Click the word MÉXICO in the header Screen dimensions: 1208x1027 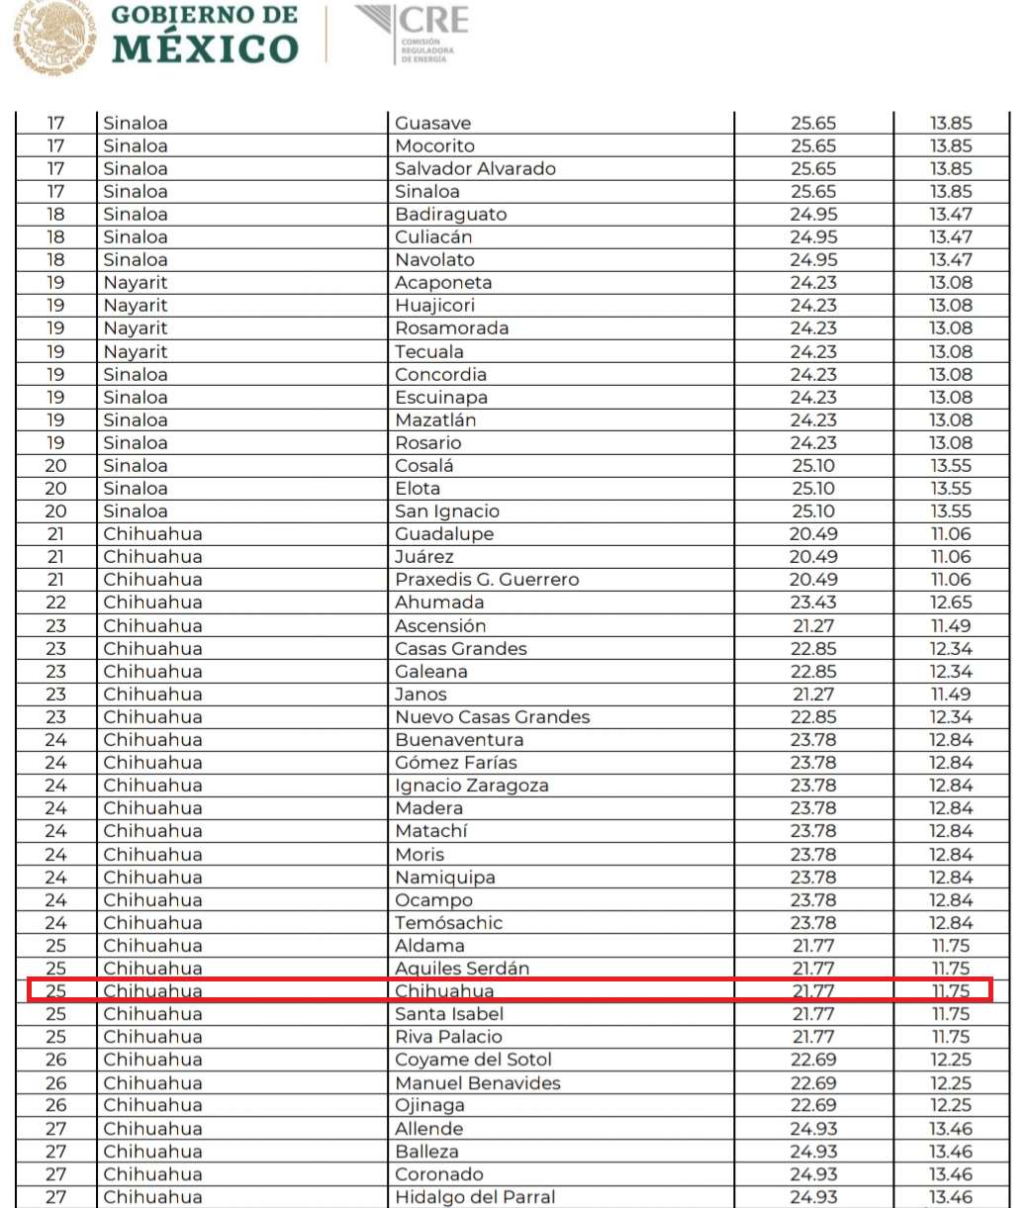[205, 48]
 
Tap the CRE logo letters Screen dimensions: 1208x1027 [433, 21]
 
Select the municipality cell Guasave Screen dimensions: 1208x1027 [432, 124]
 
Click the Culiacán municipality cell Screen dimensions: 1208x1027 [433, 237]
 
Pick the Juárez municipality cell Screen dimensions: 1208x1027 [423, 557]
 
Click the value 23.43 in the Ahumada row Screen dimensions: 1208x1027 [813, 603]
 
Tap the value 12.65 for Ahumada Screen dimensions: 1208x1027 [950, 603]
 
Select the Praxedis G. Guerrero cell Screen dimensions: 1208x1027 [487, 580]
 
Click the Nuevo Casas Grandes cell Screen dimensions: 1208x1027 [492, 717]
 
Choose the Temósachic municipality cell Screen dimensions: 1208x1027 [448, 923]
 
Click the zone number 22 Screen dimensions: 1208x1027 [56, 603]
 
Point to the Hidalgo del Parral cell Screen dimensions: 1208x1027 [475, 1197]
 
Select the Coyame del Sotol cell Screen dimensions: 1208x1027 [473, 1060]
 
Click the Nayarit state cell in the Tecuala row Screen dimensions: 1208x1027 [136, 352]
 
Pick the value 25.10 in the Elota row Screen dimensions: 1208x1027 [813, 489]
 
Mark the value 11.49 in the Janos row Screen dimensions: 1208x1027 [950, 695]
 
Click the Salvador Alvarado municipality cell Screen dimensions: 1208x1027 [475, 169]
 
